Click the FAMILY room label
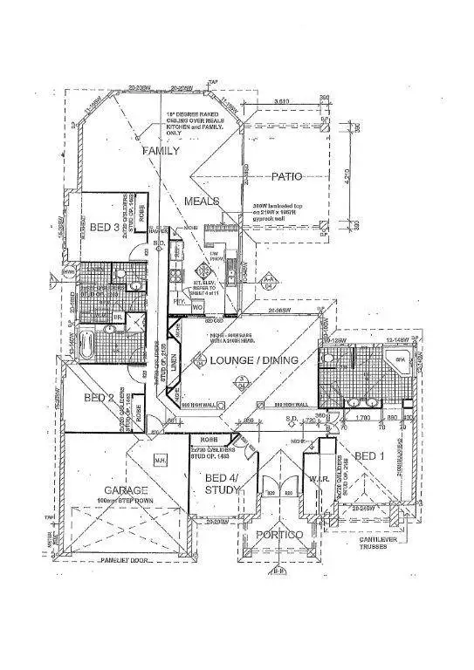[161, 150]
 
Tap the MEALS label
[201, 201]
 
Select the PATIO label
[285, 176]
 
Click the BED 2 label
[100, 398]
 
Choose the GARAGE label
[127, 490]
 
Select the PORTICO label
[280, 533]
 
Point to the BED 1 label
[370, 455]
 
